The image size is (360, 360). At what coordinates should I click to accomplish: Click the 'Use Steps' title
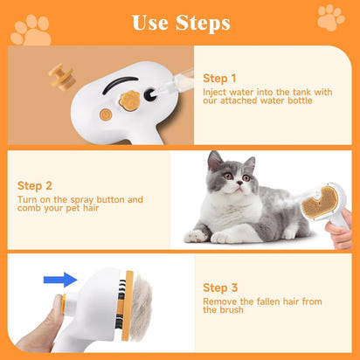[181, 21]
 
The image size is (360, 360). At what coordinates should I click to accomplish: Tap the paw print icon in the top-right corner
[330, 17]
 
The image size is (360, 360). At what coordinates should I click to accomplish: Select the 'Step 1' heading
[220, 77]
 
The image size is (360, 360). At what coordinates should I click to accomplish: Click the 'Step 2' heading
[36, 185]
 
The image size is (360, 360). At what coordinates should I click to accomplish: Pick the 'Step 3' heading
[221, 287]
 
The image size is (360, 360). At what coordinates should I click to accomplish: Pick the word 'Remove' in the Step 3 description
[218, 301]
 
